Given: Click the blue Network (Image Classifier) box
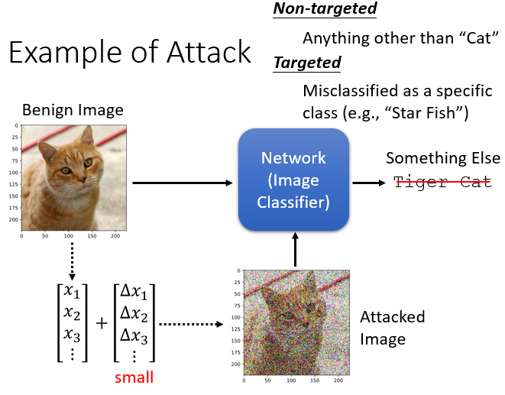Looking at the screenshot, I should (294, 180).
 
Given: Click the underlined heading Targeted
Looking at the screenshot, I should (307, 62).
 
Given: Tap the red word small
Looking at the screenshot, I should (135, 377).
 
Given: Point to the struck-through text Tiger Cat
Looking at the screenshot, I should (442, 182).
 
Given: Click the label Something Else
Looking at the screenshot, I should (442, 158).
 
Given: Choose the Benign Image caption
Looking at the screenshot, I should (73, 110).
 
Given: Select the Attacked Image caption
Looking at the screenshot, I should (393, 327).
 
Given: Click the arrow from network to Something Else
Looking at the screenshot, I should (369, 183).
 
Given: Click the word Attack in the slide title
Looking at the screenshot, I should (208, 52).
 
